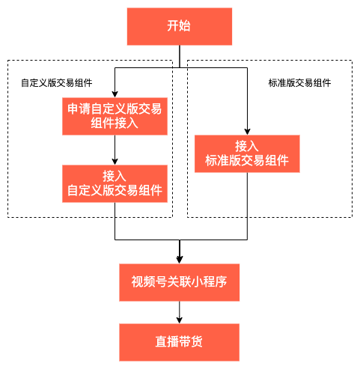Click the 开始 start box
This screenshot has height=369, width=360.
coord(180,26)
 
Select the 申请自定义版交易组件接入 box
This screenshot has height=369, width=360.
coord(114,117)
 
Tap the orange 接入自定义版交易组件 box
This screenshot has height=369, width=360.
coord(114,183)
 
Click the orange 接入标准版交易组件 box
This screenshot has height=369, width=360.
coord(247,153)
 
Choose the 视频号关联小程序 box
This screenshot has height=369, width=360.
coord(180,282)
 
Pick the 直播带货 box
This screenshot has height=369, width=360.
coord(180,342)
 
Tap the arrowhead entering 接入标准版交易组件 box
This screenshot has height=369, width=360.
coord(247,131)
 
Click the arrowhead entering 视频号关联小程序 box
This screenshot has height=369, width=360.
coord(180,259)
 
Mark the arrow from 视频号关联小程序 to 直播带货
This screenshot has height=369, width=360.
coord(180,312)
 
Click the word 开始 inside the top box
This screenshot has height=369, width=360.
coord(180,26)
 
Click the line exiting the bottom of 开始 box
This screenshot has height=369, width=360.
coord(180,56)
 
